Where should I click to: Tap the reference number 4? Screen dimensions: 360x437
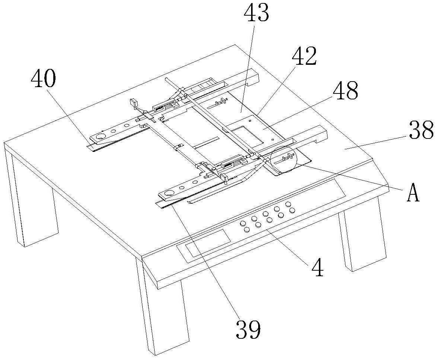(318, 267)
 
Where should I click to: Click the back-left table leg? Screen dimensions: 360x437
(34, 208)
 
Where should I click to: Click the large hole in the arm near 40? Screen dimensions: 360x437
(100, 137)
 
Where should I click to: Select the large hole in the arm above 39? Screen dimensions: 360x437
(170, 193)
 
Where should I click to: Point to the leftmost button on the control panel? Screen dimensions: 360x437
(243, 223)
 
